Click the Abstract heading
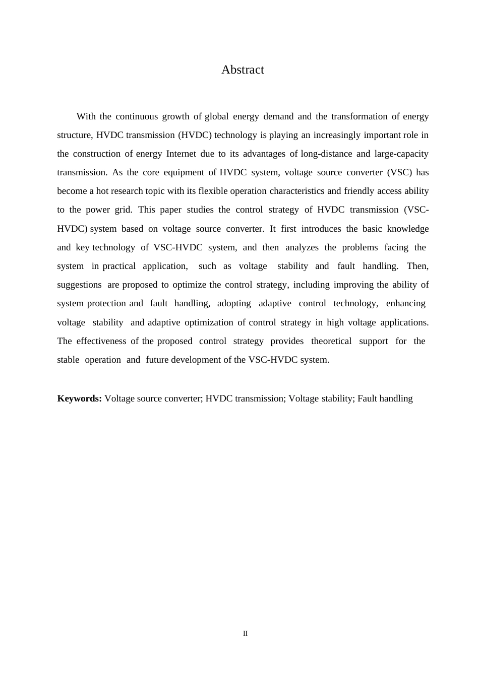243,70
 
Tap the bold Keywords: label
80,398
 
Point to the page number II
246,634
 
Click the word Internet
181,154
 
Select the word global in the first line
217,116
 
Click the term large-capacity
401,154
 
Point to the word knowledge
408,229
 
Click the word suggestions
79,285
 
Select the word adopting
234,303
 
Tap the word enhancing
405,303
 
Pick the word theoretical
331,341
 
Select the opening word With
86,116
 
